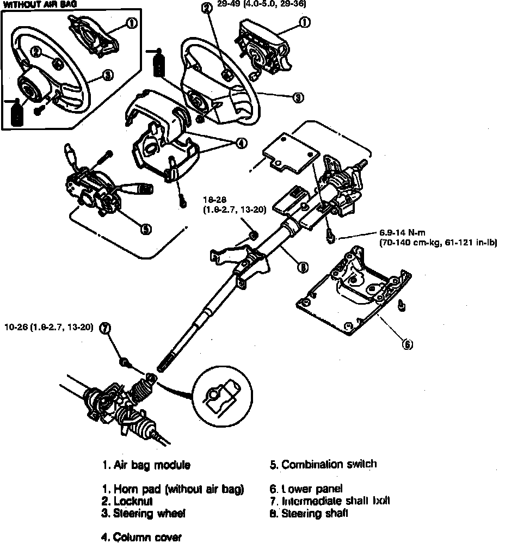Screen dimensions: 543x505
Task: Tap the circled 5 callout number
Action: tap(145, 229)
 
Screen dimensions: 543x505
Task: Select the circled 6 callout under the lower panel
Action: tap(407, 344)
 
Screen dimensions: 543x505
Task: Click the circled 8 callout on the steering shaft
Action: tap(303, 267)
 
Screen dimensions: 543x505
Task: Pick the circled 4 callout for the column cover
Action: tap(239, 143)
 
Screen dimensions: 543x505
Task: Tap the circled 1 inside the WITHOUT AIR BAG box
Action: tap(131, 23)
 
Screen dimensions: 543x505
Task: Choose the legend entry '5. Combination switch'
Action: tap(323, 464)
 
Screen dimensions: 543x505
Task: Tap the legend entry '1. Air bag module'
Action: tap(146, 465)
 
